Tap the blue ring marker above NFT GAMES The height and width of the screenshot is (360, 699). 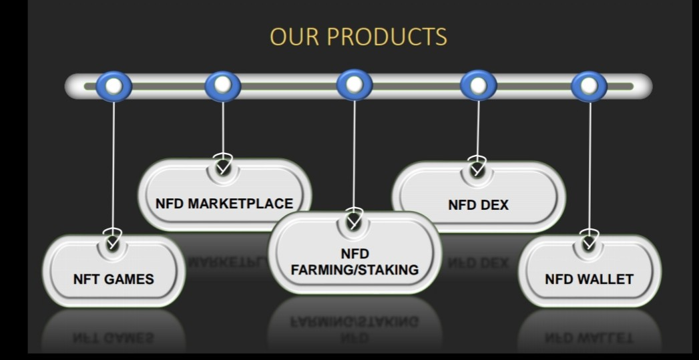pos(113,87)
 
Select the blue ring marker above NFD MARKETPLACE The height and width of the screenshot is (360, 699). pos(223,85)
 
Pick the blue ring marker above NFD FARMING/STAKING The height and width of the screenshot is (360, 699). pos(355,85)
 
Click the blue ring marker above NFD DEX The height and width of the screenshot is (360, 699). pos(478,85)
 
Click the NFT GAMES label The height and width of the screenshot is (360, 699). pos(113,279)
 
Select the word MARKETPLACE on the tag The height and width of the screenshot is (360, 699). pos(241,204)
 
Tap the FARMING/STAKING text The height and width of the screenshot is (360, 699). pos(355,270)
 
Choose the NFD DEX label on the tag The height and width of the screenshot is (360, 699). pos(478,205)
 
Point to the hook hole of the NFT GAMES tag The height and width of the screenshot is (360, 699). pos(113,244)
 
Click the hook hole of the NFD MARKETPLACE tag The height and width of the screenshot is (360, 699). pos(223,168)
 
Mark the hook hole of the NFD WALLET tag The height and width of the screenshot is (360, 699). pos(590,243)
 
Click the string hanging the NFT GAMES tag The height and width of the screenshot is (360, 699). pos(113,166)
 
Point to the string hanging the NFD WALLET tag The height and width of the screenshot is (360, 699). pos(590,166)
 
